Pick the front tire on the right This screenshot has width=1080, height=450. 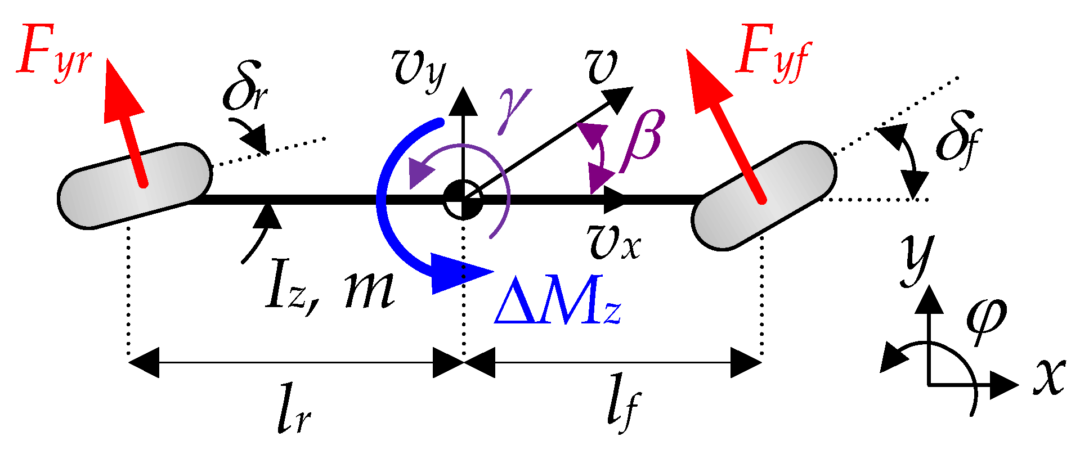coord(764,195)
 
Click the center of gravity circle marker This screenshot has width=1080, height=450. coord(463,199)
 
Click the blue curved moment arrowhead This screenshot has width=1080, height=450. coord(459,273)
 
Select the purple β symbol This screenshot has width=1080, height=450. coord(642,141)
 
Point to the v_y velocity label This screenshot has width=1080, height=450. coord(419,67)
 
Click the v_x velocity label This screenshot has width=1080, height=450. coord(613,242)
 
